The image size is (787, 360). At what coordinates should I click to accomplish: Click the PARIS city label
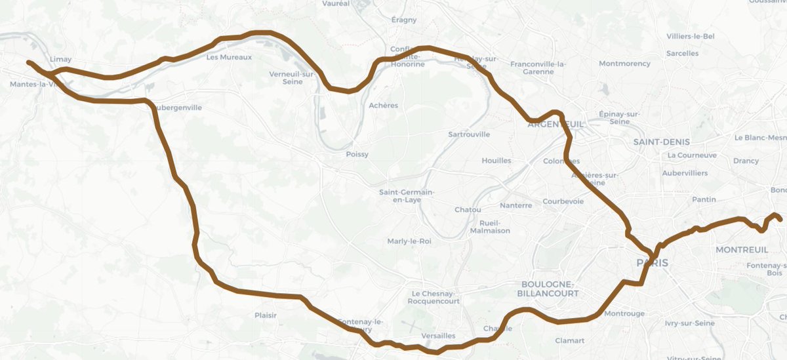click(x=653, y=262)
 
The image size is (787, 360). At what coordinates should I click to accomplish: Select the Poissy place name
click(x=357, y=155)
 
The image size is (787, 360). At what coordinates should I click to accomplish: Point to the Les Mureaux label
click(x=229, y=58)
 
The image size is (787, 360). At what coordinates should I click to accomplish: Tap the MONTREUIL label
click(x=741, y=250)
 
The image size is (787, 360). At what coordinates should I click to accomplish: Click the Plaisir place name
click(x=266, y=315)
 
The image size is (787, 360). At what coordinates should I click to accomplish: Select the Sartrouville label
click(x=468, y=134)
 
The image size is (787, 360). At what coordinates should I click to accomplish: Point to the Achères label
click(x=384, y=106)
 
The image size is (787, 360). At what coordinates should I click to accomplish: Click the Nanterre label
click(x=515, y=205)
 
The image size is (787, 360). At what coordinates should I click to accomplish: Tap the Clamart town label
click(x=569, y=340)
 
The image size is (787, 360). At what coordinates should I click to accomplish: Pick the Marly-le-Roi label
click(x=409, y=241)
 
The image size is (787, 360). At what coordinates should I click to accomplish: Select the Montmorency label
click(x=624, y=64)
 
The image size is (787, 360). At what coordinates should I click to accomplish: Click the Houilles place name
click(x=496, y=161)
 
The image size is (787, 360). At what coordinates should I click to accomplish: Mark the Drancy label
click(x=746, y=161)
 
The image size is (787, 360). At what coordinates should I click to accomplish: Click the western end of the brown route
click(x=29, y=63)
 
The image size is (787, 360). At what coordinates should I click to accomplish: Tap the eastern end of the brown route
click(x=780, y=219)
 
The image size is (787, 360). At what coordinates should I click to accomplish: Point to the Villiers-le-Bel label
click(x=690, y=36)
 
